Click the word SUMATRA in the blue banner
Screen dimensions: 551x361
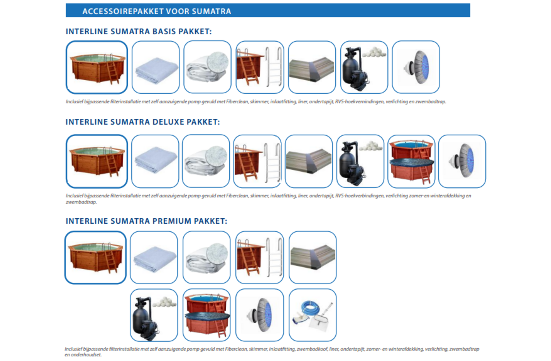point(212,11)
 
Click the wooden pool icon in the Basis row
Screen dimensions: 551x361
point(97,67)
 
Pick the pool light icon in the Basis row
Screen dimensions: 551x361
point(416,67)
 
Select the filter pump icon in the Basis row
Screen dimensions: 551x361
point(364,67)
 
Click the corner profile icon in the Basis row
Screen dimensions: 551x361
point(312,67)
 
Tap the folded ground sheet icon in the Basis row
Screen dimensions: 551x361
point(156,67)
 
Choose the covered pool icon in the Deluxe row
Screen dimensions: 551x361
point(411,161)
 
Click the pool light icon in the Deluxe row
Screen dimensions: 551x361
point(462,161)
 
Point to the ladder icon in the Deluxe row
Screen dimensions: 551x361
point(257,161)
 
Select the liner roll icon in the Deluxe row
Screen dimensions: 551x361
point(206,161)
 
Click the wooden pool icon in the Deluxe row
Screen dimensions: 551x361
point(97,161)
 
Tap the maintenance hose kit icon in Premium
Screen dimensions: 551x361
point(313,315)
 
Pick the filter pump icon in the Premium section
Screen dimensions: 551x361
point(154,315)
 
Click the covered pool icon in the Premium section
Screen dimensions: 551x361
point(206,315)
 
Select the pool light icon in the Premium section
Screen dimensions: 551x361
point(259,315)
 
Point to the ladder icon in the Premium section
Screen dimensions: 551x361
point(259,258)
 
